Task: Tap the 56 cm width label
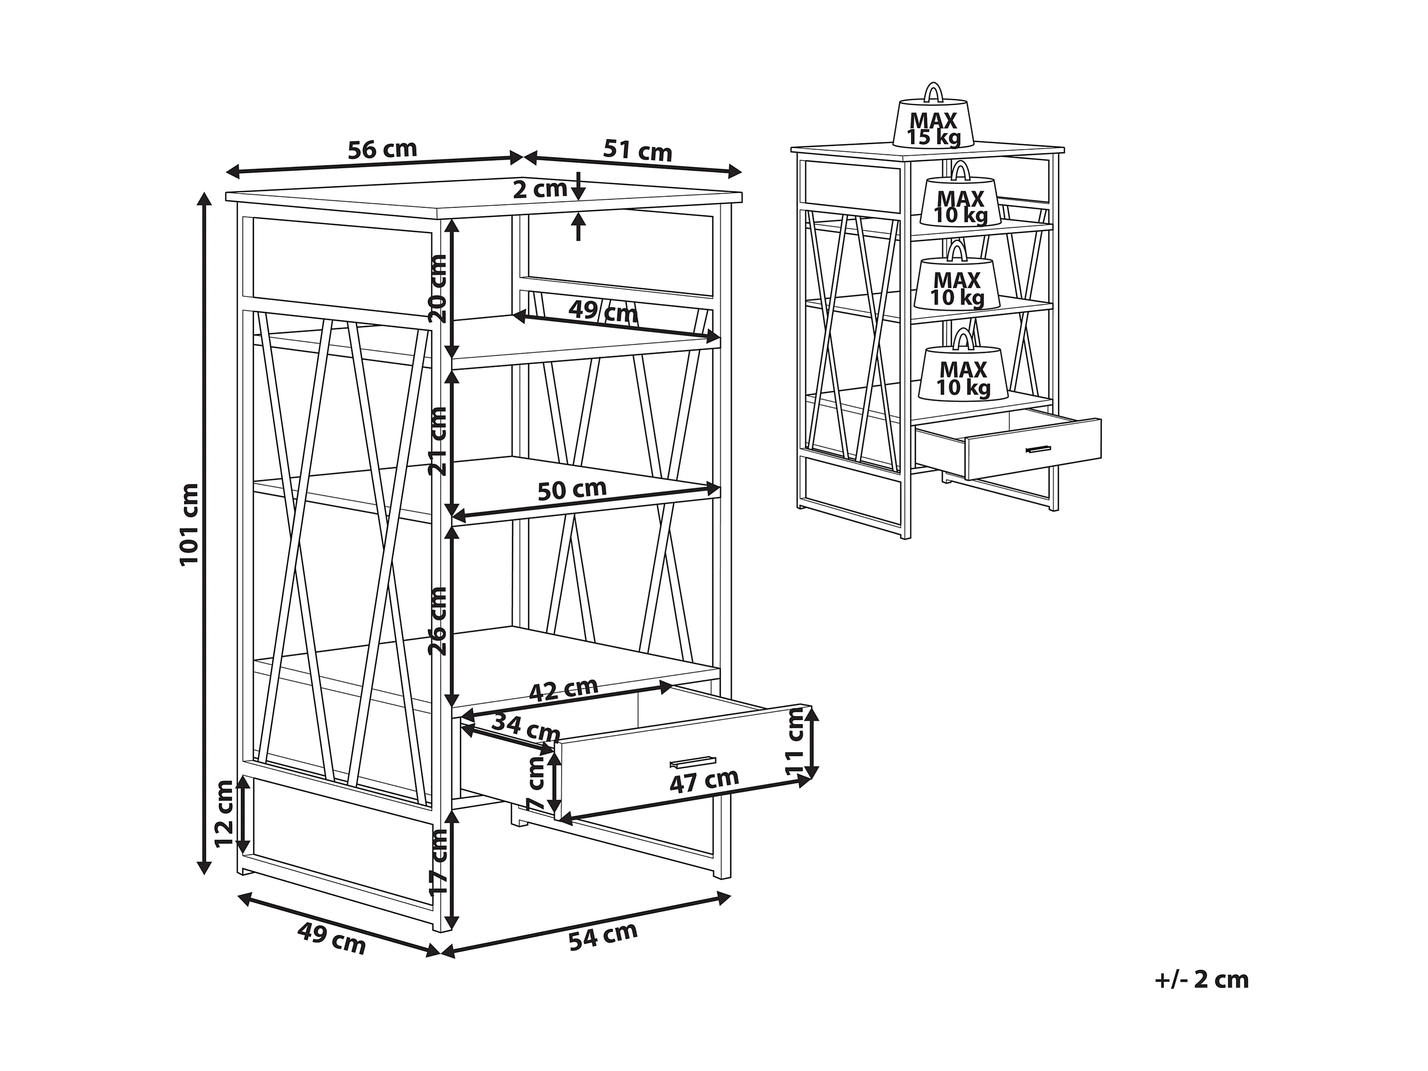point(382,150)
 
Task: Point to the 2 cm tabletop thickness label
point(540,189)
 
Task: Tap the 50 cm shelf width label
point(572,490)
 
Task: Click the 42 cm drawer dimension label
point(563,689)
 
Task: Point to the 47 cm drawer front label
point(704,780)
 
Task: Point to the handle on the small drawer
point(1038,450)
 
